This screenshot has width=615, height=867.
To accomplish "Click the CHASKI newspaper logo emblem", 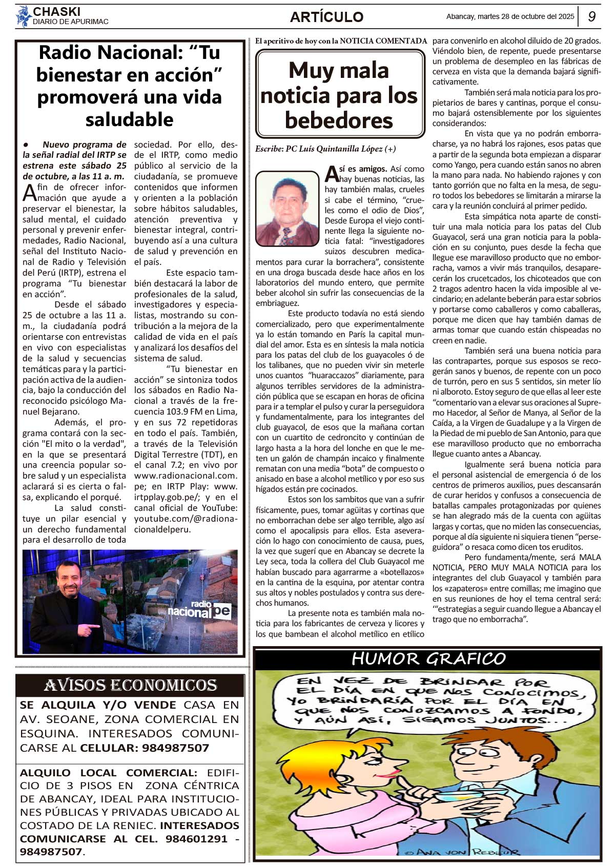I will point(24,16).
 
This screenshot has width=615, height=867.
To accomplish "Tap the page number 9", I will point(591,16).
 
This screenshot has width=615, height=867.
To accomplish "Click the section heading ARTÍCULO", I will point(326,17).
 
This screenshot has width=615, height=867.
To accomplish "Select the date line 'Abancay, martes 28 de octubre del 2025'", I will point(510,16).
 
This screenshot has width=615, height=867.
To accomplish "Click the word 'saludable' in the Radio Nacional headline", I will point(129,119).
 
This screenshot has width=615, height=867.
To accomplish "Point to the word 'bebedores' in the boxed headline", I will point(339,120).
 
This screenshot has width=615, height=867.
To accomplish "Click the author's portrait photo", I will point(287,208).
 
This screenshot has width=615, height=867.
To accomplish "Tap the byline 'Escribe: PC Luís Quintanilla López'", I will point(325,149).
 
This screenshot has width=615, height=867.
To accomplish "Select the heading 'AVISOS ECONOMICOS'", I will point(130,685).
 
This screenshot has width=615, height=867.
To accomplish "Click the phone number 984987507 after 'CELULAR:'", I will point(175,748).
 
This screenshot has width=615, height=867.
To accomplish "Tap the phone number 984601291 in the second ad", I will point(196,839).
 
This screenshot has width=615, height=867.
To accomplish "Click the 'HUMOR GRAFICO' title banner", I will point(428,659).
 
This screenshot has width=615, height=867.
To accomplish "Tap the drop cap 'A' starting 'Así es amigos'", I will point(332,174).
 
